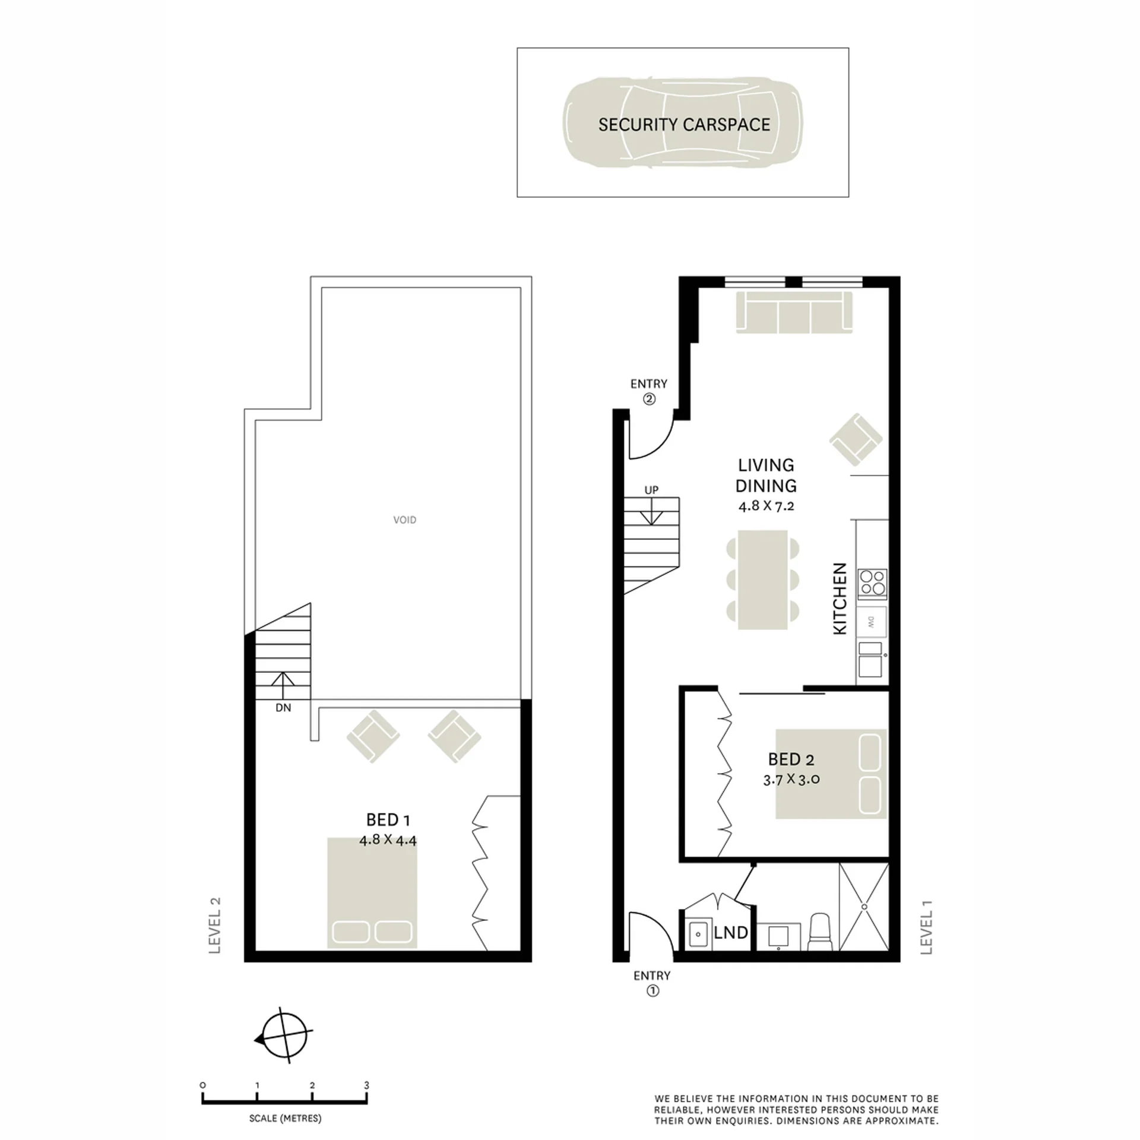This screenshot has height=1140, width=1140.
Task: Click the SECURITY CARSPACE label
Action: coord(684,125)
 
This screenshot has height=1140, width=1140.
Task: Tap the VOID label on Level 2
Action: coord(404,520)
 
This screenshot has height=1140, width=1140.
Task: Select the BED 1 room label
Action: coord(388,820)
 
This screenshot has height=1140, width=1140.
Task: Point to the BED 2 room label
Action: coord(791,759)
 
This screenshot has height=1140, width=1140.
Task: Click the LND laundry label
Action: coord(731,933)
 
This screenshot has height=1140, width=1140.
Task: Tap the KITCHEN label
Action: coord(840,598)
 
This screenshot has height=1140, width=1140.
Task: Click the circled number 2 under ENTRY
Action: coord(649,399)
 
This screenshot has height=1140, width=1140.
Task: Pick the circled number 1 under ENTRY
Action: coord(653,991)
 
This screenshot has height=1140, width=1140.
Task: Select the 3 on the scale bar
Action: coord(366,1085)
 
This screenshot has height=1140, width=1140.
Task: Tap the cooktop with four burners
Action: coord(872,582)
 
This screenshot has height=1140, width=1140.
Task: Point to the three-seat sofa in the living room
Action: coord(794,312)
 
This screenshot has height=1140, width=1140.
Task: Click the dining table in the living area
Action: coord(763,579)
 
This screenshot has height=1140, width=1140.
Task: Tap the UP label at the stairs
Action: coord(651,490)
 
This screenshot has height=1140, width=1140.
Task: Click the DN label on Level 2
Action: coord(283,708)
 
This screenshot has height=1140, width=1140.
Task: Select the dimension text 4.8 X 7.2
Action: coord(766,506)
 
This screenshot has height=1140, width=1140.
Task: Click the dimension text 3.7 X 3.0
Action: coord(791,780)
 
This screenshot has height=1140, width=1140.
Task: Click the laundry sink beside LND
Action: coord(698,935)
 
